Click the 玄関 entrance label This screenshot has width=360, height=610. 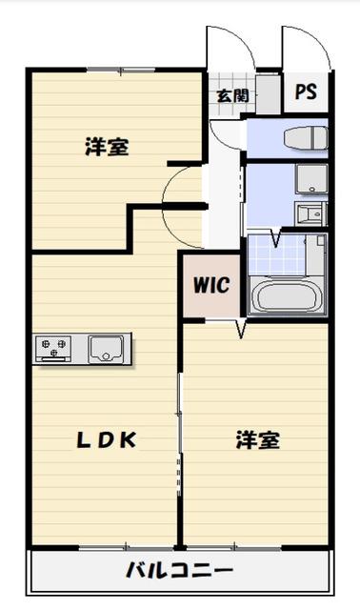pyautogui.click(x=231, y=95)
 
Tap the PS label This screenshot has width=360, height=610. pyautogui.click(x=306, y=91)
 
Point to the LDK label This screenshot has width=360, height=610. pyautogui.click(x=108, y=439)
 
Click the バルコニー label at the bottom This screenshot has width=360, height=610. pyautogui.click(x=179, y=572)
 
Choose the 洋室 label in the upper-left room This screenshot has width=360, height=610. pyautogui.click(x=107, y=147)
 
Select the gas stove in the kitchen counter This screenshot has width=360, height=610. pyautogui.click(x=54, y=349)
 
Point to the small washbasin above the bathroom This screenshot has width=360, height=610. pyautogui.click(x=310, y=212)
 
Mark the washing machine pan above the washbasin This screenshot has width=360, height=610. pyautogui.click(x=310, y=179)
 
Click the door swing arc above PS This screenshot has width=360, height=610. pyautogui.click(x=303, y=48)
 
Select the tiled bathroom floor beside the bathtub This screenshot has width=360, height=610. pyautogui.click(x=287, y=254)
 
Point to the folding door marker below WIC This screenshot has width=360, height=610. pyautogui.click(x=241, y=330)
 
